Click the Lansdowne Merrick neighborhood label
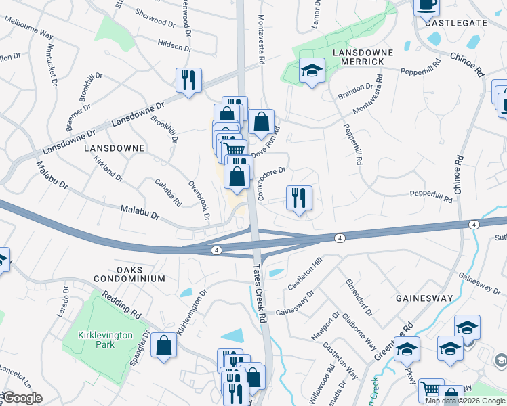[358, 57]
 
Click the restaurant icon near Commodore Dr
[299, 198]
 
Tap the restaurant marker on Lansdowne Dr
[188, 80]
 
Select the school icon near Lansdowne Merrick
[312, 70]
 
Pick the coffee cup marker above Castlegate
[426, 5]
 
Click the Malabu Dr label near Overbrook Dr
[139, 214]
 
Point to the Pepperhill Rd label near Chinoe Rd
[431, 197]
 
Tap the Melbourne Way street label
[28, 28]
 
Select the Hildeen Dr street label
[170, 46]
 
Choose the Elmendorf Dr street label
[359, 297]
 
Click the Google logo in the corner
[22, 398]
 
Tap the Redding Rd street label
[122, 305]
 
